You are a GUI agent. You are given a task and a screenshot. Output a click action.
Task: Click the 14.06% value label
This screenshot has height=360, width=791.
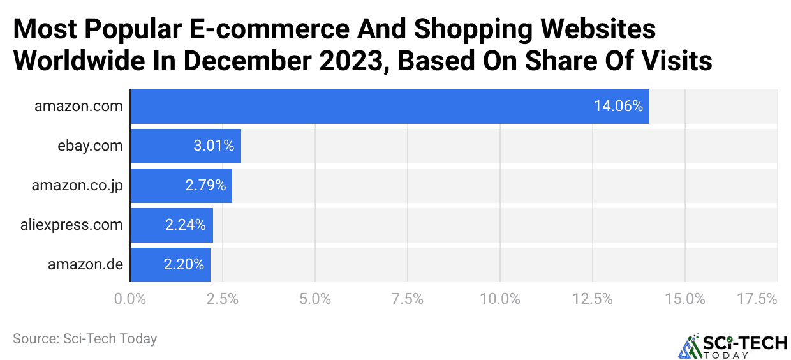[618, 107]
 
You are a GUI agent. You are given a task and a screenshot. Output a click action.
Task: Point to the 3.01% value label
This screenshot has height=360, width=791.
[214, 146]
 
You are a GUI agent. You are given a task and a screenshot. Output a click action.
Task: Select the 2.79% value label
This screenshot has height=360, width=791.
[205, 185]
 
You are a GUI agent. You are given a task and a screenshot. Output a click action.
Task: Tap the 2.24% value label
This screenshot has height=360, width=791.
[185, 225]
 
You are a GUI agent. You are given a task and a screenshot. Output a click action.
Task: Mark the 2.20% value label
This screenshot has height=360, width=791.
[184, 264]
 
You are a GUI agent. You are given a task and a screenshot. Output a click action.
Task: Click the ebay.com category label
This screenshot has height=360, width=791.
[89, 146]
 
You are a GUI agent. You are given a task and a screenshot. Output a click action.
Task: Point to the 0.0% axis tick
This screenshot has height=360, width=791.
[129, 299]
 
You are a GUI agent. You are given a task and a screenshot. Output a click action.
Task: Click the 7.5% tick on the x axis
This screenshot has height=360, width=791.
[408, 299]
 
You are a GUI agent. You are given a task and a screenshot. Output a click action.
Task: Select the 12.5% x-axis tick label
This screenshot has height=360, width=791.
[593, 299]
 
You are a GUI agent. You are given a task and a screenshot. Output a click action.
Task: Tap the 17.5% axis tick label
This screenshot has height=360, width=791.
[757, 299]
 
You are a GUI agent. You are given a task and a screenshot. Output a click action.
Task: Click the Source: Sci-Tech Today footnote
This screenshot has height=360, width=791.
[85, 339]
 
